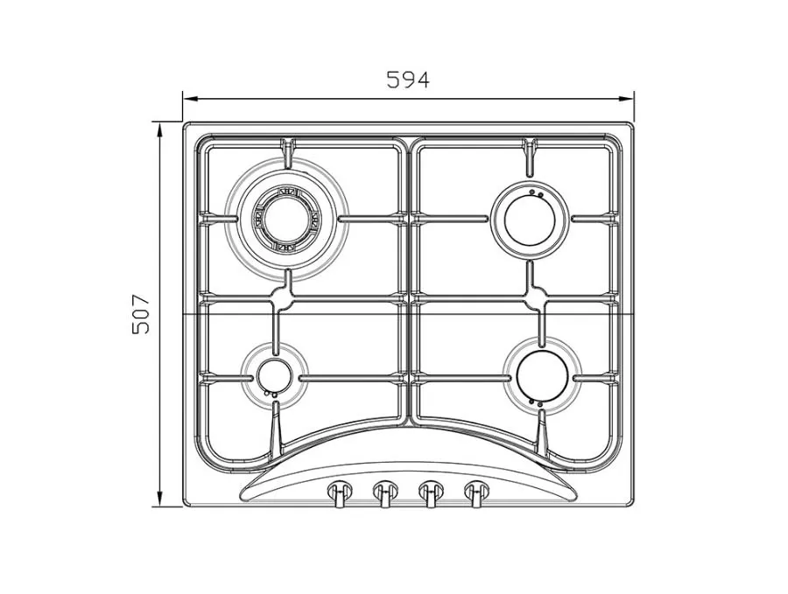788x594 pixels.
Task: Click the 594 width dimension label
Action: click(408, 80)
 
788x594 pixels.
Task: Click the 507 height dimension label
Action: click(141, 314)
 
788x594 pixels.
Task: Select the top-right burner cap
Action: click(529, 220)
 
